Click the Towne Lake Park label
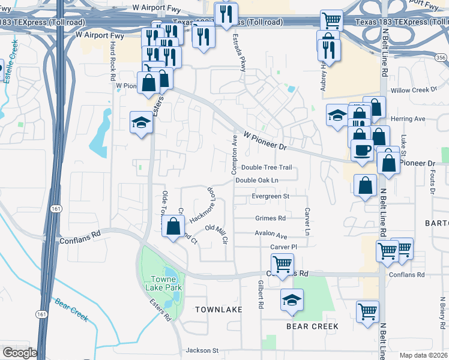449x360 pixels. [166, 284]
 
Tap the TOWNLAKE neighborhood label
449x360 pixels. [219, 309]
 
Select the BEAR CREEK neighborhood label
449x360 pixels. [312, 326]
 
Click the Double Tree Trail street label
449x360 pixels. [267, 167]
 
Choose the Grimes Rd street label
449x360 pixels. [270, 218]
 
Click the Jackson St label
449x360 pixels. [206, 350]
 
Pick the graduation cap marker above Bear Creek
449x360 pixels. [292, 299]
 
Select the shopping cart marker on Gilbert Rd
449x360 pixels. [282, 263]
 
